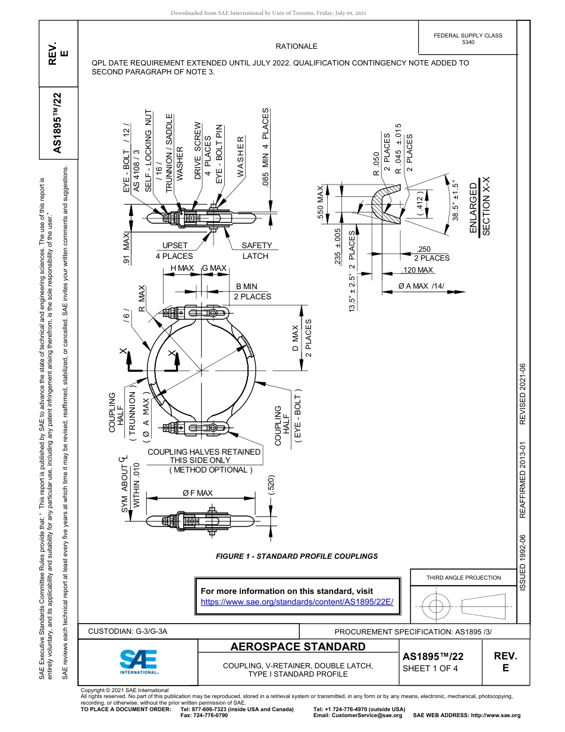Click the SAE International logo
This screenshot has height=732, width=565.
[x=139, y=661]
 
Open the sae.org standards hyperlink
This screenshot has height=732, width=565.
[x=297, y=602]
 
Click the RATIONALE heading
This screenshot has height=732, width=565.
[x=296, y=46]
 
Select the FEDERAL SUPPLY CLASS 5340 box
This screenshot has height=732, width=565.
[x=467, y=39]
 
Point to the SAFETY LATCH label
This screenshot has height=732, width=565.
[x=256, y=251]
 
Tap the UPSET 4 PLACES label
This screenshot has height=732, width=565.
[x=174, y=251]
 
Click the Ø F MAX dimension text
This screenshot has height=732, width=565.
[x=197, y=493]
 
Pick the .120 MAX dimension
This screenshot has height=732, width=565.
[x=418, y=271]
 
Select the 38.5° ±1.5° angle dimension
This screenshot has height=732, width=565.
[x=456, y=201]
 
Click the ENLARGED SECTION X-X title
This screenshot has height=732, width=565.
[x=479, y=209]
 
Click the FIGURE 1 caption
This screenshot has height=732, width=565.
[x=296, y=556]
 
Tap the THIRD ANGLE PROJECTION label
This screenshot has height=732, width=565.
[x=463, y=577]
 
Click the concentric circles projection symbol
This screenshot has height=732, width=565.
[x=437, y=606]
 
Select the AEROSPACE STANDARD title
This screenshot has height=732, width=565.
[x=297, y=647]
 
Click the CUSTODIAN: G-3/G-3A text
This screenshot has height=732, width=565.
[x=127, y=631]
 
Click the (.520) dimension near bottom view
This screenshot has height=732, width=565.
[x=271, y=486]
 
